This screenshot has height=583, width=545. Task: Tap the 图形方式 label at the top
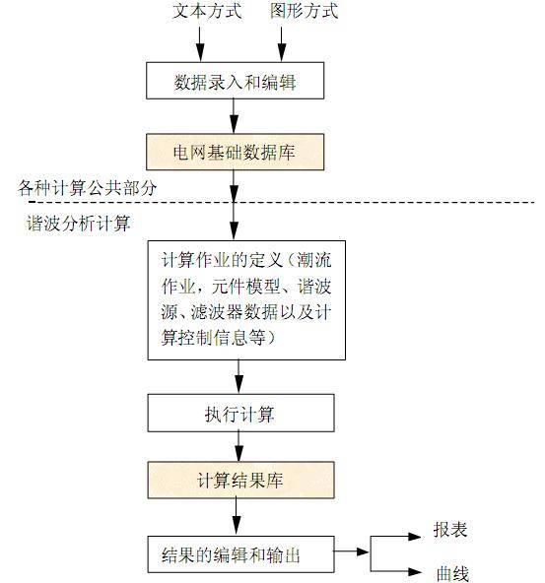point(304,13)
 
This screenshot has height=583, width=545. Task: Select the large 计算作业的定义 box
point(246,299)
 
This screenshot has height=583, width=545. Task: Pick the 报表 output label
point(450,531)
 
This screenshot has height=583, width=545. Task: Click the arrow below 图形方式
point(283,44)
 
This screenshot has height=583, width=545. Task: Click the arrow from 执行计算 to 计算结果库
point(236,447)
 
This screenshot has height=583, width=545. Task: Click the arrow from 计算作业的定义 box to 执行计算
point(238,377)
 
